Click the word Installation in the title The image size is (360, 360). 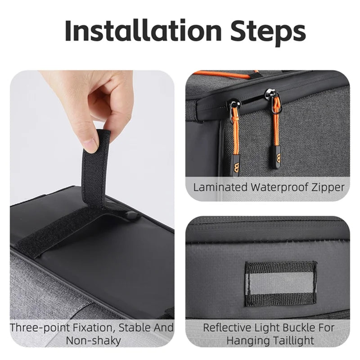[x=143, y=31]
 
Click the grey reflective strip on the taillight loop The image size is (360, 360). [x=282, y=283]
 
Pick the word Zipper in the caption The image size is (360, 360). [x=328, y=188]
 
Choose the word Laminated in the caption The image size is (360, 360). [x=220, y=187]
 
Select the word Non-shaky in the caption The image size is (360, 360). [x=93, y=341]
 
